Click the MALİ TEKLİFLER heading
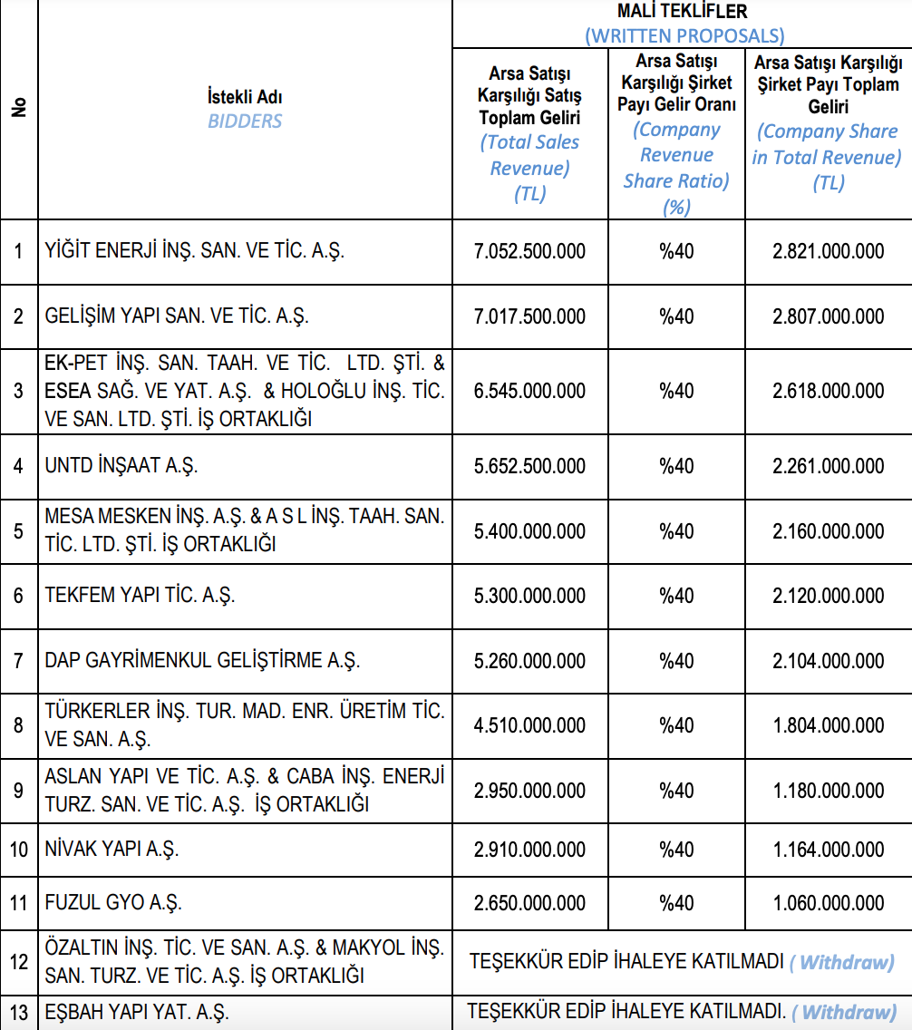click(682, 12)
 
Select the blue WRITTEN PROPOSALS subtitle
click(684, 35)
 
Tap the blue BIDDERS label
click(245, 121)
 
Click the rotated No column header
click(19, 107)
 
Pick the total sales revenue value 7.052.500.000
click(529, 251)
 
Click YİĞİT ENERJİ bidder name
click(195, 251)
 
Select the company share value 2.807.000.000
click(828, 316)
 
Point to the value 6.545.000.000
click(529, 391)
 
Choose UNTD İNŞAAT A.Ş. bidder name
click(121, 466)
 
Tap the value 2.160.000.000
click(828, 531)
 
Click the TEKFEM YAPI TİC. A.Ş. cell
click(140, 596)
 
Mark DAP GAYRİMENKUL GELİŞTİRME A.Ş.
click(202, 660)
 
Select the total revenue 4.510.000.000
click(529, 725)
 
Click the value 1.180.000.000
click(828, 791)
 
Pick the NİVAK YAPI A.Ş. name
click(112, 850)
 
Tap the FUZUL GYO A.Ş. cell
click(113, 903)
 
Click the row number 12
click(19, 962)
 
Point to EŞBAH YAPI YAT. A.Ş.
click(137, 1012)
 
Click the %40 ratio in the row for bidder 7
click(676, 660)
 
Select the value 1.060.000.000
click(828, 903)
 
